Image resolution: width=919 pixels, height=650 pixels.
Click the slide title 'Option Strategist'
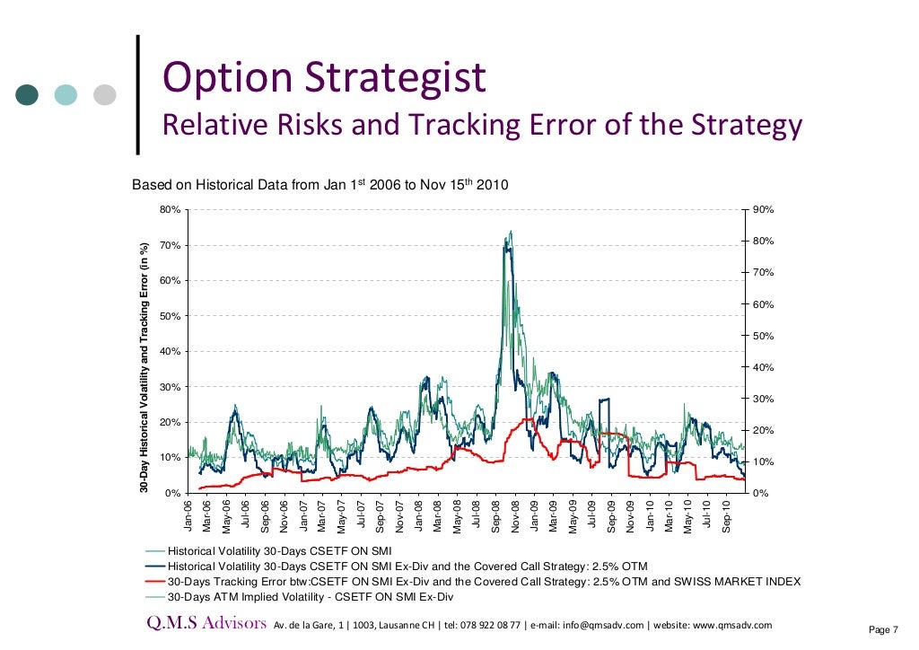click(x=323, y=77)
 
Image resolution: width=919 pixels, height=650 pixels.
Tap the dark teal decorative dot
click(x=28, y=94)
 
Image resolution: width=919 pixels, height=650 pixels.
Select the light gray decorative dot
click(x=105, y=94)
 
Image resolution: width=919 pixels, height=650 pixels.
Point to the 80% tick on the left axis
click(x=170, y=210)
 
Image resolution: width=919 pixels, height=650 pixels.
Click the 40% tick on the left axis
click(x=170, y=352)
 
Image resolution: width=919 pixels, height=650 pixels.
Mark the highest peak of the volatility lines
click(x=511, y=232)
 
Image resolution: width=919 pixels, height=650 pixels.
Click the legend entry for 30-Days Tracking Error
click(x=485, y=582)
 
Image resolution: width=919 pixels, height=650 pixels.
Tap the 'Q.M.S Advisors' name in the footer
click(x=207, y=624)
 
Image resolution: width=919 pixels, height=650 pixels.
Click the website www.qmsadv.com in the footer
click(x=731, y=626)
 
